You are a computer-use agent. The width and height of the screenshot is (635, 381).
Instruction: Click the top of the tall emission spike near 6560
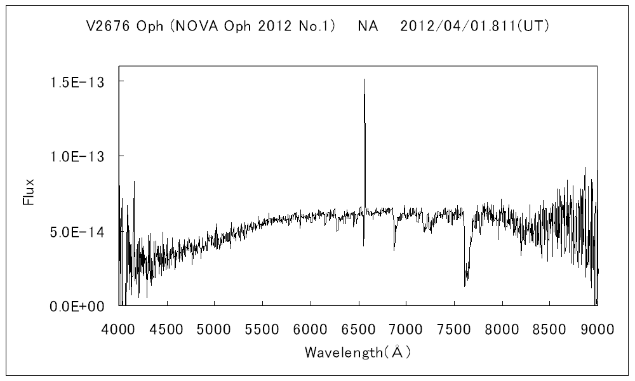pyautogui.click(x=364, y=80)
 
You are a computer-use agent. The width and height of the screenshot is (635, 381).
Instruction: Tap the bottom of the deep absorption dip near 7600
pyautogui.click(x=465, y=285)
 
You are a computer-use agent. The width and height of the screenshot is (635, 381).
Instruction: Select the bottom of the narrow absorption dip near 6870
pyautogui.click(x=394, y=250)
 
